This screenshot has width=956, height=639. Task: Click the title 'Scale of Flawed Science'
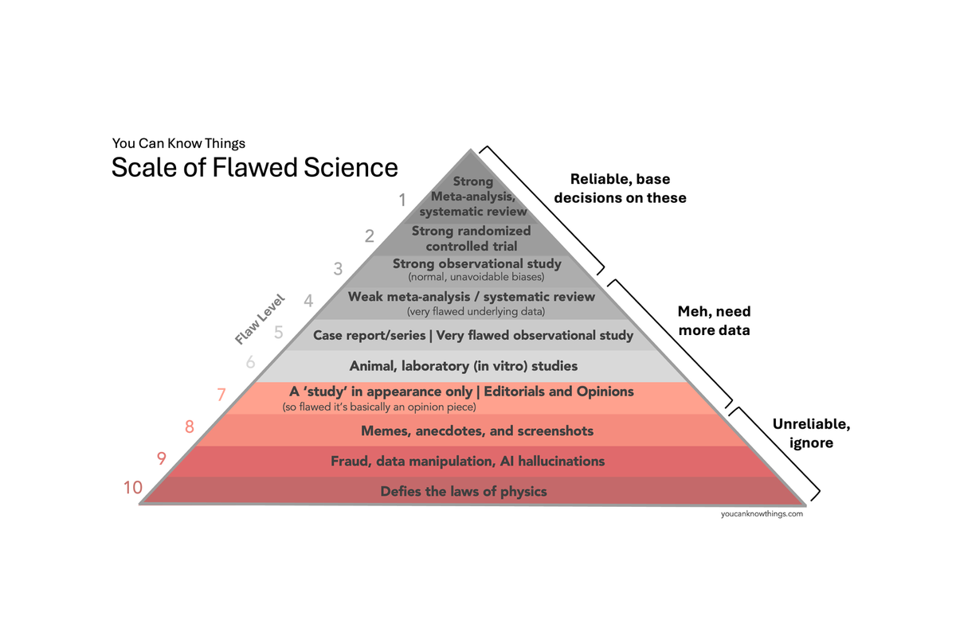(x=254, y=168)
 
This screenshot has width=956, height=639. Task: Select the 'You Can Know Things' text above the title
(x=178, y=143)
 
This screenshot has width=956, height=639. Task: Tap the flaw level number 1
(x=403, y=199)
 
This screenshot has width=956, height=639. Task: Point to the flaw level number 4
(x=309, y=301)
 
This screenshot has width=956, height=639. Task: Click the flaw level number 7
(x=222, y=394)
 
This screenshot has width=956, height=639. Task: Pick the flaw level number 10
(x=132, y=488)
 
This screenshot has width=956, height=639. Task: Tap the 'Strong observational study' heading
(x=477, y=263)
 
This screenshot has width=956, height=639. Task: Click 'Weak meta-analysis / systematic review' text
(x=472, y=297)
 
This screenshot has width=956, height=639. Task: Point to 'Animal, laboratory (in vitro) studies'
(x=464, y=366)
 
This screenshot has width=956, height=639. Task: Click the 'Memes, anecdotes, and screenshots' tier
(x=477, y=431)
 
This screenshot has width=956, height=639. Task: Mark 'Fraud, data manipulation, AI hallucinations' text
(x=468, y=462)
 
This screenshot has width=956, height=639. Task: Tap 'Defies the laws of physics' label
(x=464, y=491)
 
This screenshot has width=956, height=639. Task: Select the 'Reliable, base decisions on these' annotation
(x=628, y=189)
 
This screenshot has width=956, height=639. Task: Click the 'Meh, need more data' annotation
(x=714, y=320)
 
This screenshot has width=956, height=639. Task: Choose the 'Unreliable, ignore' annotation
(x=811, y=433)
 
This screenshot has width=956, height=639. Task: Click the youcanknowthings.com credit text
(x=761, y=514)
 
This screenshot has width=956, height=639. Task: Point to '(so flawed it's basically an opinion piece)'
(x=378, y=407)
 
